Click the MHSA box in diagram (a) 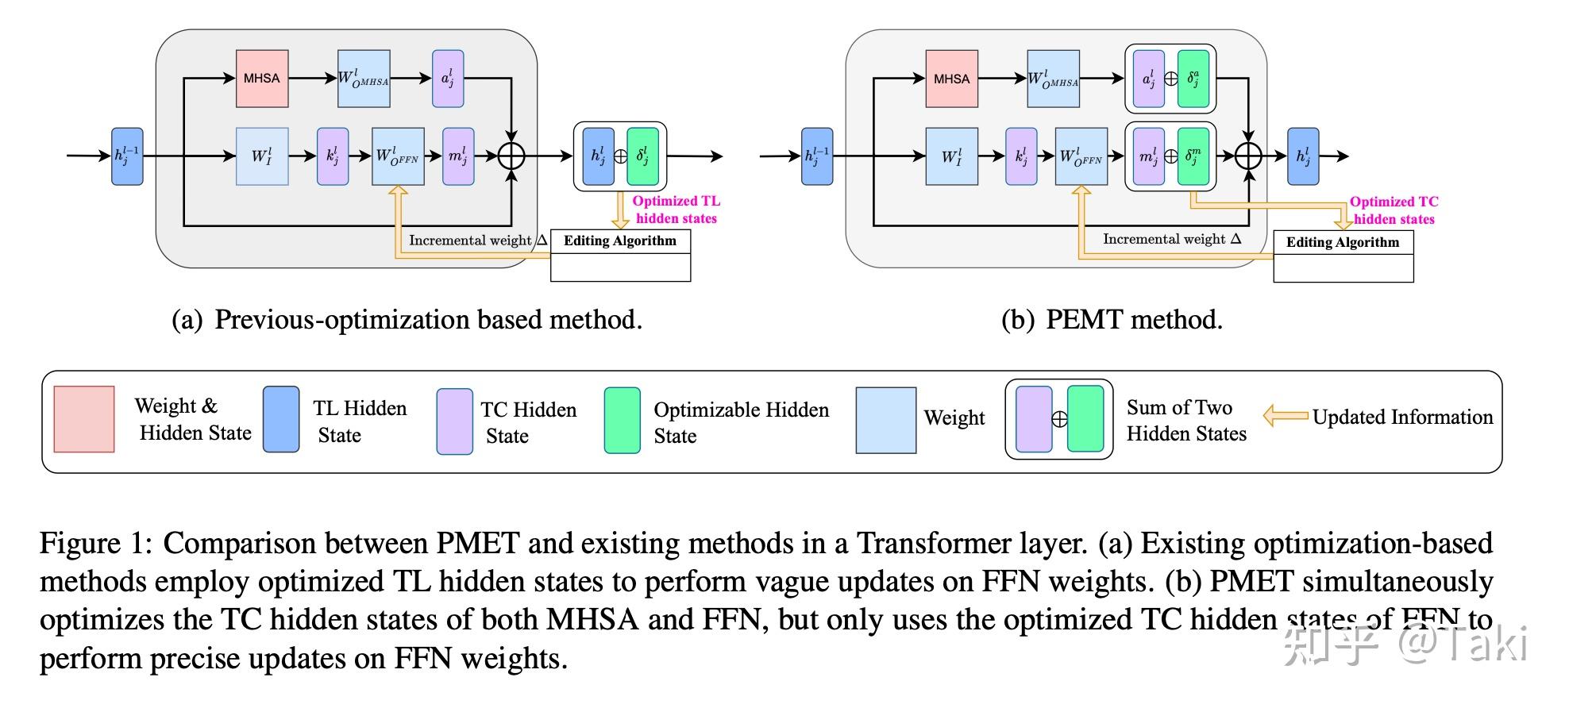coord(262,79)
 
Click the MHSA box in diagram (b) coord(951,79)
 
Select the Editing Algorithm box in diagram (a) coord(620,255)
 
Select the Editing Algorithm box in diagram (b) coord(1343,256)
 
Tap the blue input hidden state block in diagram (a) coord(127,156)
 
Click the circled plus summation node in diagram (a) coord(511,156)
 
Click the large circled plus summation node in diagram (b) coord(1248,156)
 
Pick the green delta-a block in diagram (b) coord(1193,79)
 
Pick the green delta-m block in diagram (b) coord(1193,156)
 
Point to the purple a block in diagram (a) coord(448,79)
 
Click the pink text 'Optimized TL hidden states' coord(676,210)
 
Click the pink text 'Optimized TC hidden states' coord(1394,210)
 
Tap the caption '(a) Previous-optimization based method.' coord(407,320)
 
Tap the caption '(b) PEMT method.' coord(1112,320)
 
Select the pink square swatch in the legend coord(84,419)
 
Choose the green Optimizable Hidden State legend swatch coord(622,420)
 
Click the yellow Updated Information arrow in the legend coord(1285,416)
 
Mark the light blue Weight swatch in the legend coord(885,420)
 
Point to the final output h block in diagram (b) coord(1302,156)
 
